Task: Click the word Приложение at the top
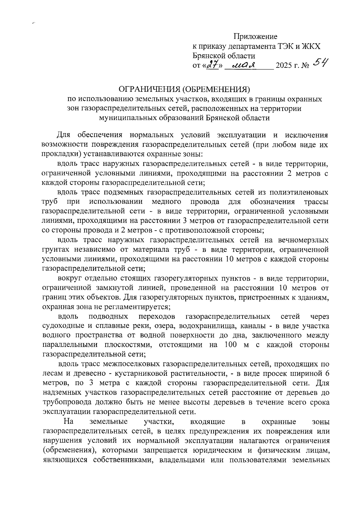pos(256,37)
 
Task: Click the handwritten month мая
pos(244,65)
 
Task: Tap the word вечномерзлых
pos(303,240)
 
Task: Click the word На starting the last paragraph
pos(69,421)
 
